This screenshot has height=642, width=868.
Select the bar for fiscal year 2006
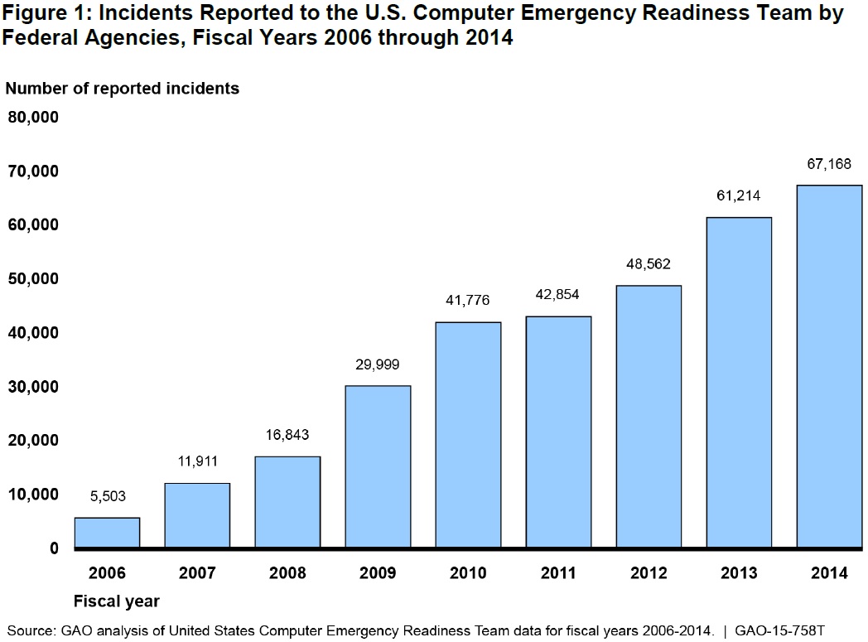pos(107,532)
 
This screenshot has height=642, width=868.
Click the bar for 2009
pos(378,466)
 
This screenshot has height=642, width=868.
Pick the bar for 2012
pos(649,416)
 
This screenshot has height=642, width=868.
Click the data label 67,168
pos(830,164)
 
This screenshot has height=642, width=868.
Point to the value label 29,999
pos(378,364)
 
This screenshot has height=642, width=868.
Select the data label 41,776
pos(468,300)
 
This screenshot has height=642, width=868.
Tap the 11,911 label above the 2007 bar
pos(197,462)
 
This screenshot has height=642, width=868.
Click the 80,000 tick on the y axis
pos(33,117)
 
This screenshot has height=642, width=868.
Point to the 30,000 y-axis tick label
pos(33,387)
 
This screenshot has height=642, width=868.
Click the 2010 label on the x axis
pos(468,573)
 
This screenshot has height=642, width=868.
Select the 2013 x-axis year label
pos(739,573)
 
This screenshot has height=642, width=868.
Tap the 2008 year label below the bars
pos(287,573)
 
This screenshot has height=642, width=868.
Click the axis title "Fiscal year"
pos(117,601)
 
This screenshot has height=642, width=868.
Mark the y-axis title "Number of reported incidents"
pos(123,88)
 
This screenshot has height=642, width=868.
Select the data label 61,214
pos(739,196)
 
